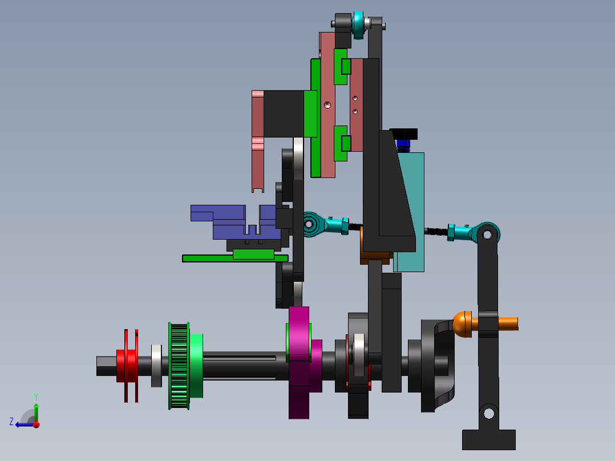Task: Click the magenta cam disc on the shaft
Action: coord(298,363)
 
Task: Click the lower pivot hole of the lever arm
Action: coord(488,411)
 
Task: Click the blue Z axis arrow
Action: coord(23,424)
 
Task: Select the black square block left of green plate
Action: coord(283,114)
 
